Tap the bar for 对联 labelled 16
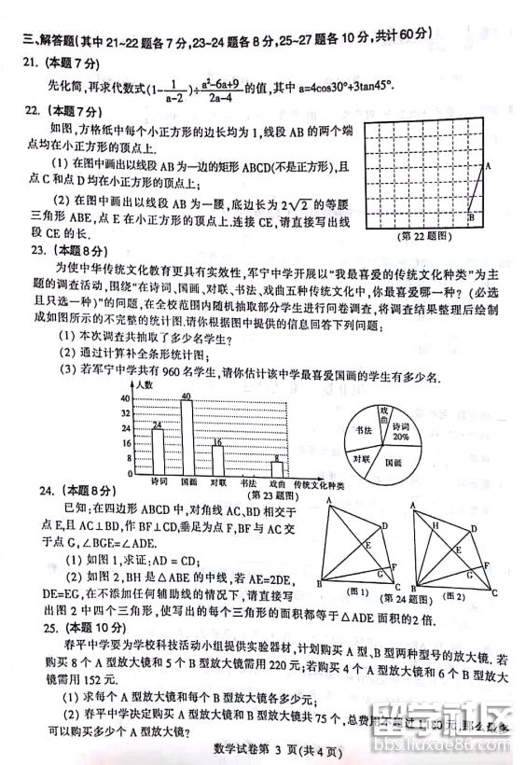pos(217,461)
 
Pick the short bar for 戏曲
pos(276,469)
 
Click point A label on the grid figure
pos(487,166)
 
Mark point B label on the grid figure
pos(471,217)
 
